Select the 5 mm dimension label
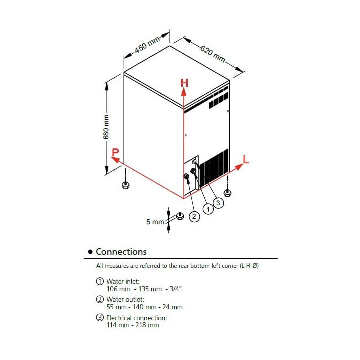[x=155, y=221]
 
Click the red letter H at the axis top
[x=184, y=83]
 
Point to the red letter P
[x=115, y=153]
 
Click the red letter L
[x=246, y=159]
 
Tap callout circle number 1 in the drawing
[x=207, y=209]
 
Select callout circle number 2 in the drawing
[x=194, y=216]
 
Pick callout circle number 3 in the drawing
[x=217, y=202]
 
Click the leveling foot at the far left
[x=125, y=186]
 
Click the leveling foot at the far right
[x=228, y=192]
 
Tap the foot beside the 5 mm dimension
[x=180, y=216]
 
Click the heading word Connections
[x=121, y=252]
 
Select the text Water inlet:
[x=123, y=281]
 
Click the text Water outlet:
[x=125, y=299]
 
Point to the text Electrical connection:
[x=136, y=317]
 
